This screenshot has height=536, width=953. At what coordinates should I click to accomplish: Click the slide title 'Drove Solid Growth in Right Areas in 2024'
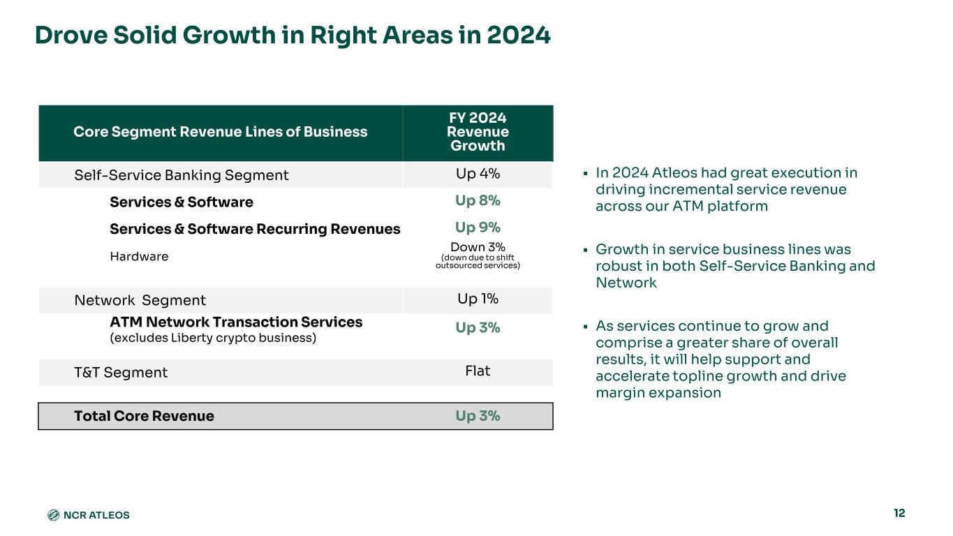coord(293,35)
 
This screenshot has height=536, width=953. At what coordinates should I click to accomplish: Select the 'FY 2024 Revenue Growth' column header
coord(478,132)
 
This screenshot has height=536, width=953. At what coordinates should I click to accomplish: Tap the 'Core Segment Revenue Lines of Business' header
coord(221,132)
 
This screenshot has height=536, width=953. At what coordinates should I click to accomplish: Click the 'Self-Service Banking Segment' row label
coord(182,175)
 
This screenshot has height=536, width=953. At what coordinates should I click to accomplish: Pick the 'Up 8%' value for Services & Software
coord(478,201)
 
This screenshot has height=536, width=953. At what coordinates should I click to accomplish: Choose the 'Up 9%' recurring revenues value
coord(478,228)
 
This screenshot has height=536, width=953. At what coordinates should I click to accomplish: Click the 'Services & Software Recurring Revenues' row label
coord(255,229)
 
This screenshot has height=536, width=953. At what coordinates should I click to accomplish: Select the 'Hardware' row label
coord(139,256)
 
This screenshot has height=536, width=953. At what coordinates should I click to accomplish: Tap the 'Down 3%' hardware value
coord(478,247)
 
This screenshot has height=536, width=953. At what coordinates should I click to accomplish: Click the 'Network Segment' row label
coord(140,300)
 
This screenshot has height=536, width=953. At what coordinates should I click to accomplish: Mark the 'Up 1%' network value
coord(478,299)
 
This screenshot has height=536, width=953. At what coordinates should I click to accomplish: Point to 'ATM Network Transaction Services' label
coord(236,322)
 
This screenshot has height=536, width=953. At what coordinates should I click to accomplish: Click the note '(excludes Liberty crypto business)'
coord(213,338)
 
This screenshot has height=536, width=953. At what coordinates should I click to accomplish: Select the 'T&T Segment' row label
coord(121,373)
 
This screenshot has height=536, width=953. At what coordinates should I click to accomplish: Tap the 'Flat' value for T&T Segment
coord(478,371)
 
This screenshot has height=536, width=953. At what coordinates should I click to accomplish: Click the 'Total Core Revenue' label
coord(144,416)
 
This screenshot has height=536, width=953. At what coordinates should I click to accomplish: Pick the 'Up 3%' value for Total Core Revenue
coord(478,416)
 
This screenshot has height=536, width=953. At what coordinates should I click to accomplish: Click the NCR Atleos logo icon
coord(53,515)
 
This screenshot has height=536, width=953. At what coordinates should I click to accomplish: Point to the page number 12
coord(899,513)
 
